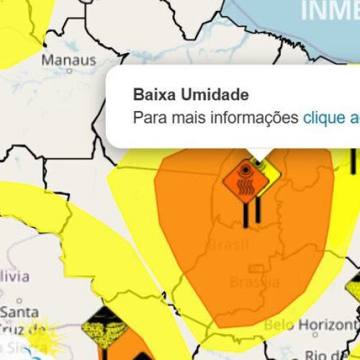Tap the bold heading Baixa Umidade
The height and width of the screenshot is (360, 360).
point(191,95)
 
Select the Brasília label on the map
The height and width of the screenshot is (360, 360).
point(254,282)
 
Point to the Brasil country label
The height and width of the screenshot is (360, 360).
point(229,246)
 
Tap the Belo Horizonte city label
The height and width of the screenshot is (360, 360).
point(311,325)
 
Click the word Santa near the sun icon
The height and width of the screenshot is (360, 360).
point(19,312)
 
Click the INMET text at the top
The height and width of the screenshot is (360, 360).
point(328,10)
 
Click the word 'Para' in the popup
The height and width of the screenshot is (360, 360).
point(148,117)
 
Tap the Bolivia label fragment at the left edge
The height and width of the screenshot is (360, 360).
point(14,276)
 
